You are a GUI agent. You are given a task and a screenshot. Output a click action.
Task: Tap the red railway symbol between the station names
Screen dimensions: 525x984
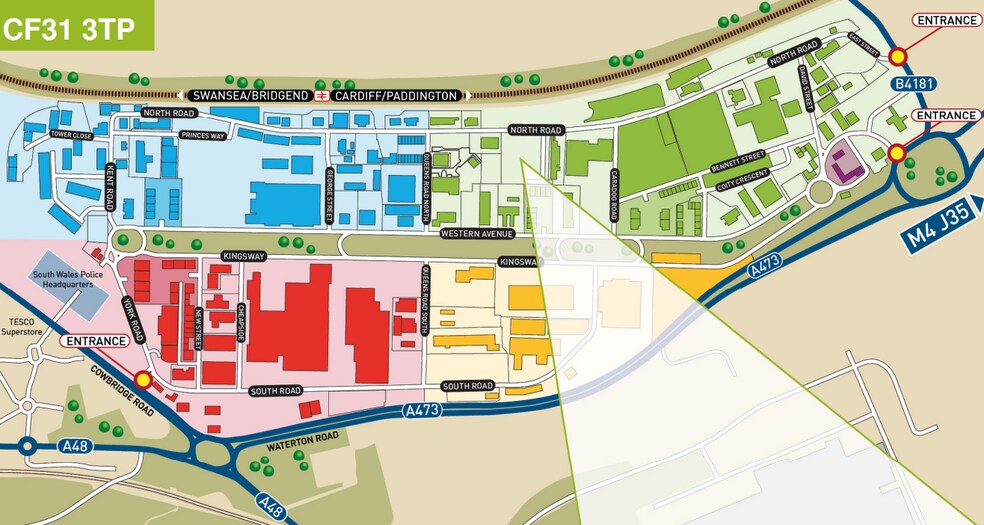point(322,95)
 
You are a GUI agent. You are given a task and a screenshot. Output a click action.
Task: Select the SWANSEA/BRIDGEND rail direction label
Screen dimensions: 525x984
point(252,95)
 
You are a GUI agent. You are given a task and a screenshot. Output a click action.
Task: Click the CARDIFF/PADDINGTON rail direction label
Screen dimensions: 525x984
point(397,95)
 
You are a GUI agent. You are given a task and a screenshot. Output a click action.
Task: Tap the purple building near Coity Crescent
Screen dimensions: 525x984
point(845,163)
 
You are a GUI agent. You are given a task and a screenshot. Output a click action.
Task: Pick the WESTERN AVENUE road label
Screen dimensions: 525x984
point(476,234)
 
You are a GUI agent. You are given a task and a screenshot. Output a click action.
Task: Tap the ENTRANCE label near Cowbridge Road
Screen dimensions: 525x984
point(95,340)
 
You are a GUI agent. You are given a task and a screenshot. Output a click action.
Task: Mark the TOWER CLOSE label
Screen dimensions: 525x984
point(71,135)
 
